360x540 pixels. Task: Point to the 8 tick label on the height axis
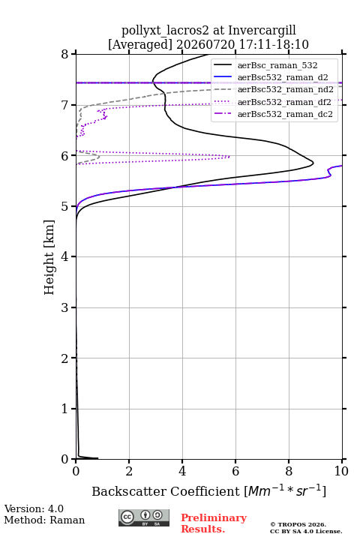point(65,54)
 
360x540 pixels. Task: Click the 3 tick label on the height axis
point(65,307)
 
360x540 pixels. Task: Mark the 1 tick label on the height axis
point(65,409)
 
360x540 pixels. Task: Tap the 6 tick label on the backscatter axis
point(235,471)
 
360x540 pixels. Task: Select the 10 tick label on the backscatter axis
point(342,471)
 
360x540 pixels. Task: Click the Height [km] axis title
point(49,257)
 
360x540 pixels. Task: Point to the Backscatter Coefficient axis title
point(208,490)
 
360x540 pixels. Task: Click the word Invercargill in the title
point(262,30)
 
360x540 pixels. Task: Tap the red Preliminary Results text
point(214,523)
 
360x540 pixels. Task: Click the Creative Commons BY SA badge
point(144,517)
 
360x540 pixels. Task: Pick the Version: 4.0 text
point(34,508)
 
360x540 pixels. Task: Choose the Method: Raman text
point(44,520)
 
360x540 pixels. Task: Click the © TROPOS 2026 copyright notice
point(298,524)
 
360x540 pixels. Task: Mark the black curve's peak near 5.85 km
point(313,163)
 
